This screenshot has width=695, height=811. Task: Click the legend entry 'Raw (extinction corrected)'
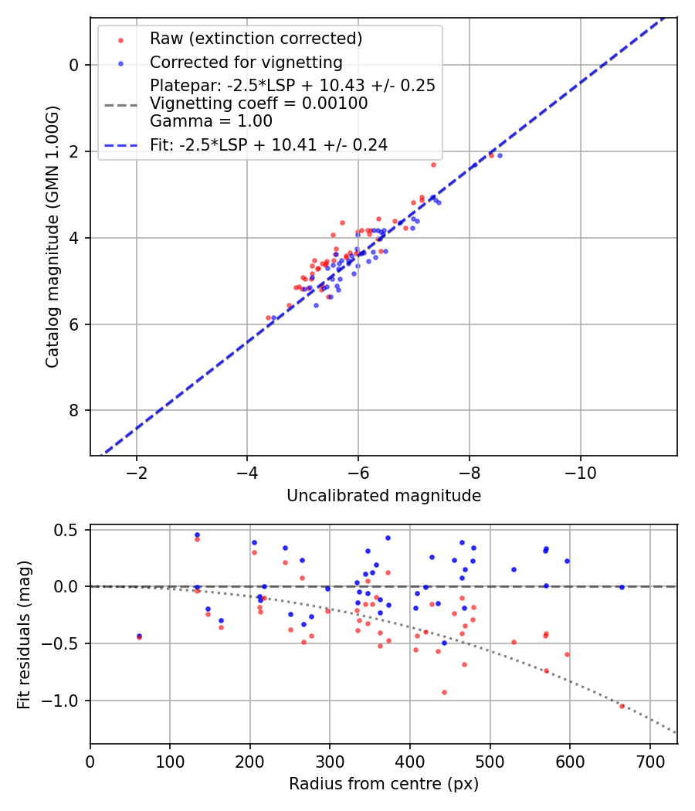(256, 39)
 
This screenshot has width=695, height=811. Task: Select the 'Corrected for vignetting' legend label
(246, 62)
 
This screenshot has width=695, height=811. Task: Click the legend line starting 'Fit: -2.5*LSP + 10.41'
(269, 144)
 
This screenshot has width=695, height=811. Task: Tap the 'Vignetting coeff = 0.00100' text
(259, 103)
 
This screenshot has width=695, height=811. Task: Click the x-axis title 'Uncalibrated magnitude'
(384, 496)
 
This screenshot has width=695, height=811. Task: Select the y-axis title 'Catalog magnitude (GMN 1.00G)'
(52, 236)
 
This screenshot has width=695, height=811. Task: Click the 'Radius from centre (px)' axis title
(384, 784)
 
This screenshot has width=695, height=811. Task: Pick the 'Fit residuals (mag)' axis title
(24, 634)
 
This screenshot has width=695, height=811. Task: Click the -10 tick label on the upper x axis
(580, 473)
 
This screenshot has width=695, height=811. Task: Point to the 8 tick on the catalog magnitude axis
(74, 411)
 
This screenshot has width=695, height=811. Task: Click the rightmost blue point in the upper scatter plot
(500, 156)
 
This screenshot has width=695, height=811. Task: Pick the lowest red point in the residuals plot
(622, 706)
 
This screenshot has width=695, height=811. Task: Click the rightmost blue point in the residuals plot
(622, 588)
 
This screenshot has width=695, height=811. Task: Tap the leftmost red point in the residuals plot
(139, 637)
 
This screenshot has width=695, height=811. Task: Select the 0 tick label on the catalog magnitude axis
(74, 65)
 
